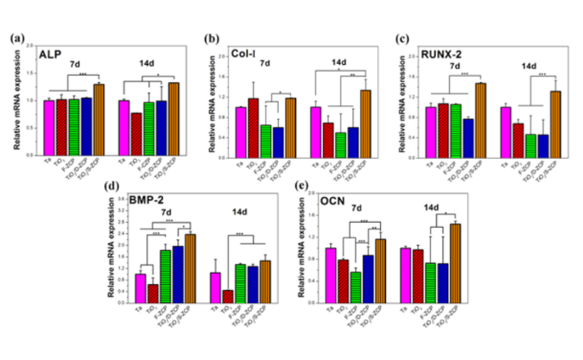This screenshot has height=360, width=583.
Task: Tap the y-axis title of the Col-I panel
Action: pos(207,99)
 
